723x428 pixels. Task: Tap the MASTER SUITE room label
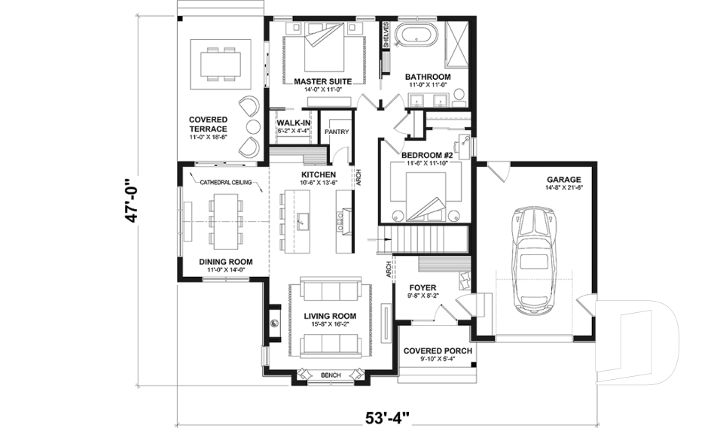322,81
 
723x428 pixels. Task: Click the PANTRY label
336,132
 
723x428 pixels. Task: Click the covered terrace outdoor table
221,62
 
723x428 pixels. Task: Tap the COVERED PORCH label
437,351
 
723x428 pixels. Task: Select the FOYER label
422,287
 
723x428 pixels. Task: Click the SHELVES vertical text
386,35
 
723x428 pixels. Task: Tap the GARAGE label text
563,179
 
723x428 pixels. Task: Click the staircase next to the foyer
423,242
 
